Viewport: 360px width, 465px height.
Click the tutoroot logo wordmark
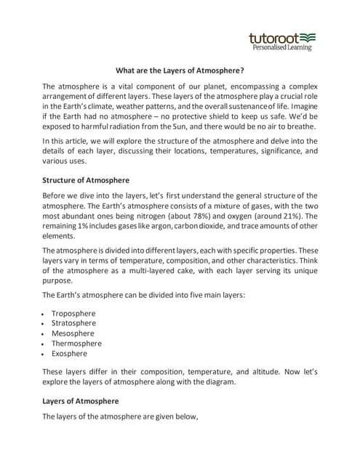273,37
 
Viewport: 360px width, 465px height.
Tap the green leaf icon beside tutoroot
308,36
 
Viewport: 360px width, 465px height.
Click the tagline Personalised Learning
281,48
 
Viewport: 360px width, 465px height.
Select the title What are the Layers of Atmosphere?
180,71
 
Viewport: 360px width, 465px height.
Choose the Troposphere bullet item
73,313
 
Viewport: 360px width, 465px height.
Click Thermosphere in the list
76,344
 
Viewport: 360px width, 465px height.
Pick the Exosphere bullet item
69,354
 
